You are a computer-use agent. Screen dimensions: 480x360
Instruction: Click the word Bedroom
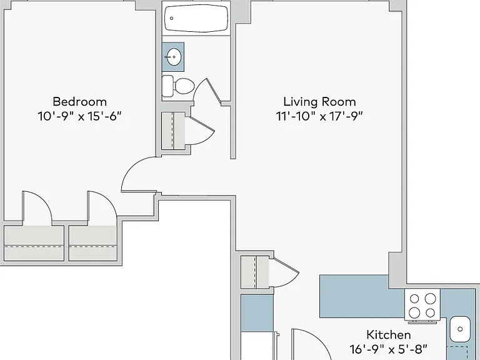pos(79,101)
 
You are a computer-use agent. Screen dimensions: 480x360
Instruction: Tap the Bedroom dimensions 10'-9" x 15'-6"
pos(79,116)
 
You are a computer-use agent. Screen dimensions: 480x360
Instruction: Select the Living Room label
pos(319,102)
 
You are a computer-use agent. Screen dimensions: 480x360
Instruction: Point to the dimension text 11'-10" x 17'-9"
pos(319,116)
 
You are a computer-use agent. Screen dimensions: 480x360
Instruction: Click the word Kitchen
pos(389,334)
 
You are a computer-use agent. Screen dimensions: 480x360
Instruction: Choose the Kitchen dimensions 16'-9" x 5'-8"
pos(389,349)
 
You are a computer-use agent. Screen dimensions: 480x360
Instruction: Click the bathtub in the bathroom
pos(196,18)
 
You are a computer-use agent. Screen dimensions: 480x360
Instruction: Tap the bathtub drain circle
pos(171,18)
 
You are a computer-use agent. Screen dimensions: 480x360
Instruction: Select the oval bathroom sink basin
pos(174,57)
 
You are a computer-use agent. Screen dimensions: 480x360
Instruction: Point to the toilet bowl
pos(184,86)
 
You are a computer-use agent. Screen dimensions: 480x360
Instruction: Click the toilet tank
pos(167,86)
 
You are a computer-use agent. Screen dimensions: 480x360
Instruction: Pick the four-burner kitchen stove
pos(422,306)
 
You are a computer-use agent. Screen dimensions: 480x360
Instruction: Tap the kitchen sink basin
pos(460,329)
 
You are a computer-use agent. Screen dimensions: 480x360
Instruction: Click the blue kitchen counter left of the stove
pos(362,296)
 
